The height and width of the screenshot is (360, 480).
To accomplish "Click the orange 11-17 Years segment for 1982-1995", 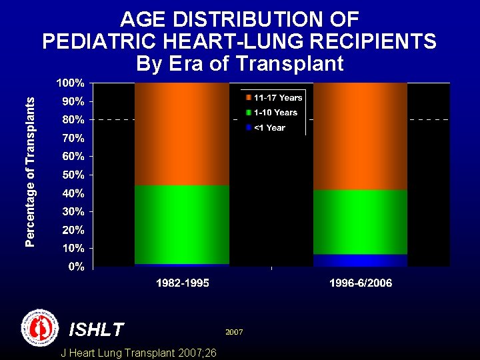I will [182, 133].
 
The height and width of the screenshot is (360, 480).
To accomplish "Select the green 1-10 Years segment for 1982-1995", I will [182, 224].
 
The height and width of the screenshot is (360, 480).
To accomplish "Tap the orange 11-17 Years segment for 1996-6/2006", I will [360, 136].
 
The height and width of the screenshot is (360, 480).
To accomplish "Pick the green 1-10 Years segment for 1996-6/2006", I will [360, 222].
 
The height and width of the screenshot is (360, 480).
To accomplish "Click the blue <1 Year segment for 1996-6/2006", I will [360, 260].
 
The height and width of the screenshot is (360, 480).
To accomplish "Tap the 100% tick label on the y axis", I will [69, 83].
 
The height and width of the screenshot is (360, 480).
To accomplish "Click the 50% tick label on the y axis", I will [72, 175].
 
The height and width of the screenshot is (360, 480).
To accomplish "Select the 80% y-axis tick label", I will [72, 120].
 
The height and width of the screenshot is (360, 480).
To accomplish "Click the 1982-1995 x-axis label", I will [182, 283].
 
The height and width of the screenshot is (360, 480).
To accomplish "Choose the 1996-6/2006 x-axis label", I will [361, 283].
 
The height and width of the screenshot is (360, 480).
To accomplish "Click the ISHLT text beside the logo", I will [97, 329].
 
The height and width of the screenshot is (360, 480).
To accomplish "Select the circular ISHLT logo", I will [40, 327].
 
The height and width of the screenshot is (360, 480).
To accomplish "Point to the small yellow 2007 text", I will [233, 331].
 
